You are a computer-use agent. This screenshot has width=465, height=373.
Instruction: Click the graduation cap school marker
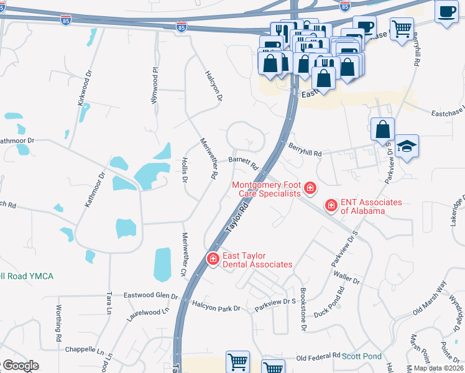point(407,147)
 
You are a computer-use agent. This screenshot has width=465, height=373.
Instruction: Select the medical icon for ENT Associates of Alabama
point(331,205)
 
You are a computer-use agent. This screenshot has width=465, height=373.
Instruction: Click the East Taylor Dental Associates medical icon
point(213,258)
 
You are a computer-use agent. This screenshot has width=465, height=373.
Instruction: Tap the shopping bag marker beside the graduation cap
point(383,129)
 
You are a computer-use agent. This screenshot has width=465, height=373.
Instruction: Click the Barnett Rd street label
point(244,162)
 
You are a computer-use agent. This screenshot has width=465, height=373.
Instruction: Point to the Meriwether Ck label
point(184,254)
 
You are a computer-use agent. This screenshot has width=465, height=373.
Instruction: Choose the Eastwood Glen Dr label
point(151,295)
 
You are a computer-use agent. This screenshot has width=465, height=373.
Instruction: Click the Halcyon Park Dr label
point(216,308)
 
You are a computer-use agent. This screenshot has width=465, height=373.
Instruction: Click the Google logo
point(21,366)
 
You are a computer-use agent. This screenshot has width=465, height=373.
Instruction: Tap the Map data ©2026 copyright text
point(431,368)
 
